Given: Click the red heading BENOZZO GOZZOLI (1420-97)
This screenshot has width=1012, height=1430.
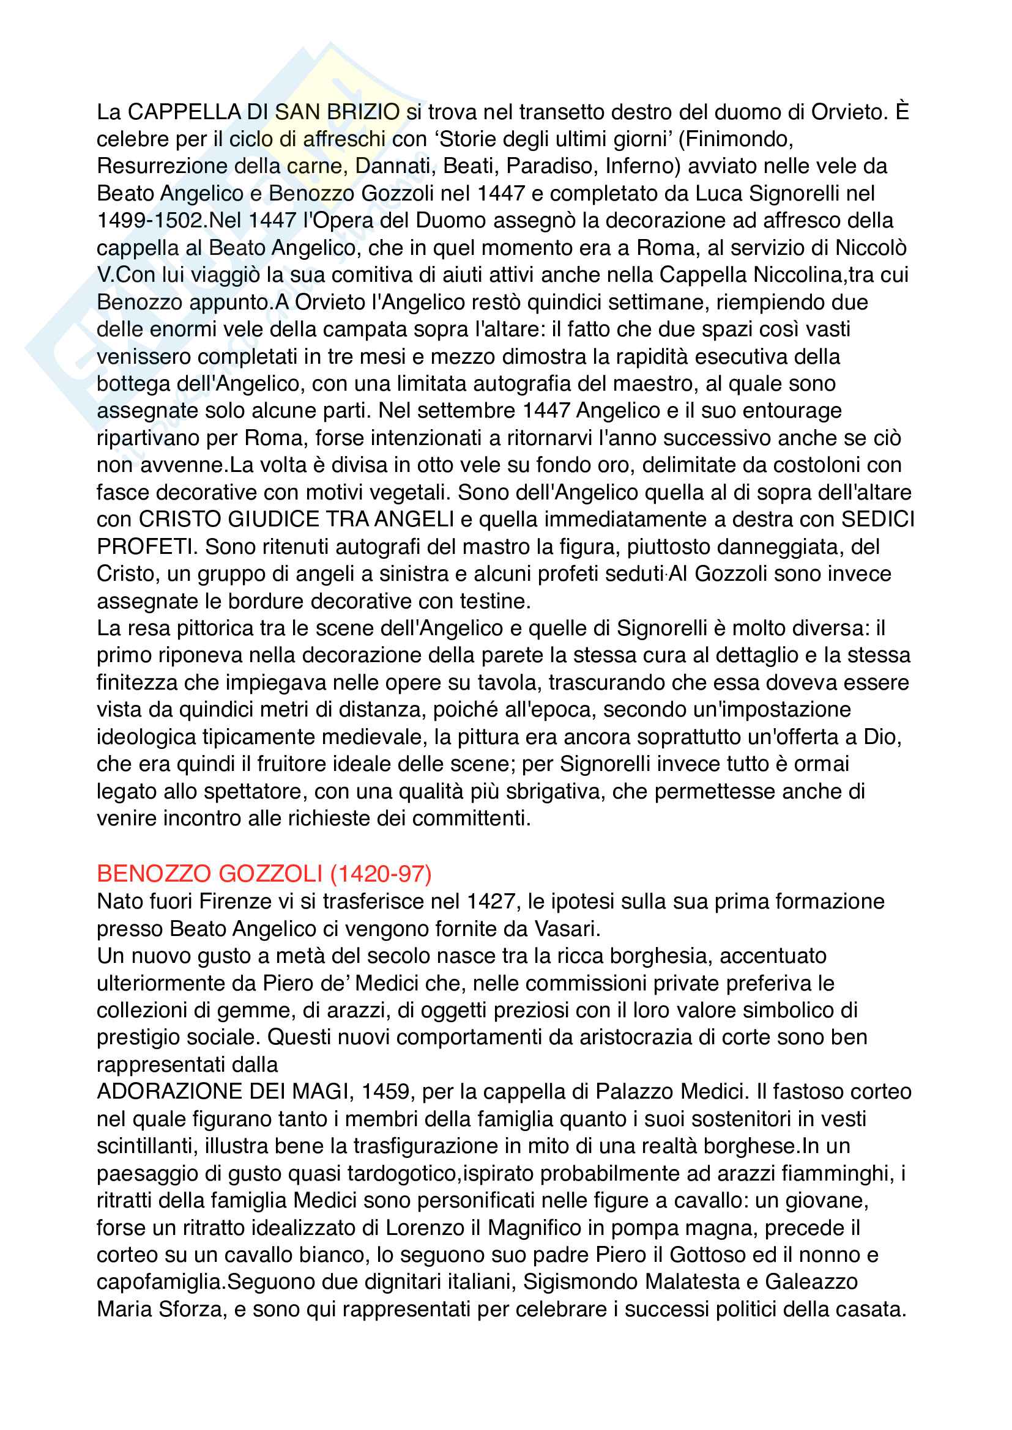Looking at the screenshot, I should coord(264,874).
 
